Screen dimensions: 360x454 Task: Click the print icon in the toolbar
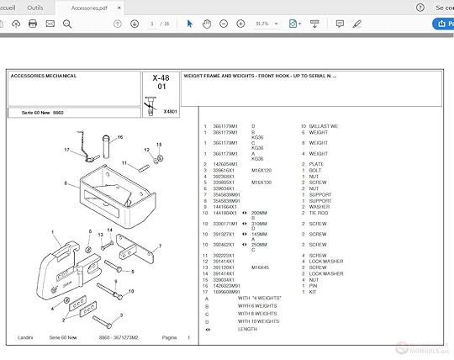[33, 24]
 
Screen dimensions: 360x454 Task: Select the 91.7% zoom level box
[262, 24]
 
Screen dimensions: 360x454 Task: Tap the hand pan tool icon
[207, 24]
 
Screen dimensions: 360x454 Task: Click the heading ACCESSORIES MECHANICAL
[44, 76]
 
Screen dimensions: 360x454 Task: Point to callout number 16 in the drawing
[120, 136]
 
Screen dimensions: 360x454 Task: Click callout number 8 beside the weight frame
[66, 183]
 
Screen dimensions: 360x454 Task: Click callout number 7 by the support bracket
[159, 246]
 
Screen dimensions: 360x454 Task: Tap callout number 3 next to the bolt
[120, 315]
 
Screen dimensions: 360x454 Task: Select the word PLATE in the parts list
[315, 164]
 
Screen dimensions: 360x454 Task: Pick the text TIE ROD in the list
[318, 213]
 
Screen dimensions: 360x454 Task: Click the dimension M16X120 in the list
[261, 170]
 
